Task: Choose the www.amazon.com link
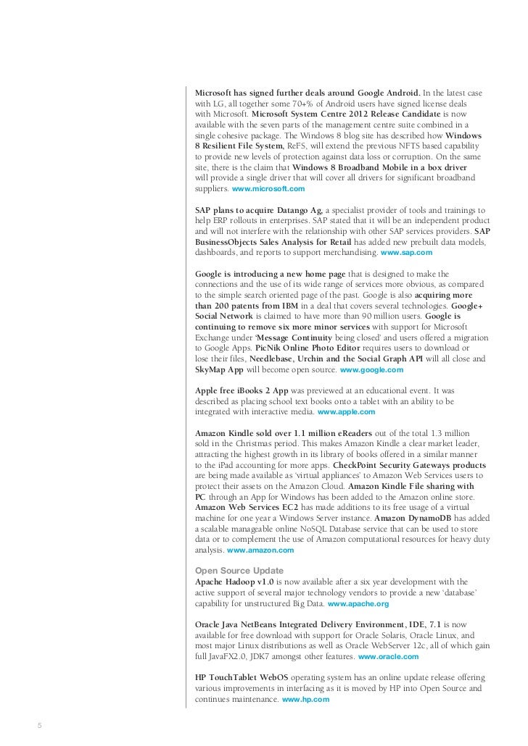(260, 550)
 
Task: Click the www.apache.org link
(358, 603)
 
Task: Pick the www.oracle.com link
(388, 656)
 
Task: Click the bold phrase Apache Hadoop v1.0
(235, 582)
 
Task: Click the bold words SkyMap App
(220, 370)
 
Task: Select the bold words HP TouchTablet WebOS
(245, 678)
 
